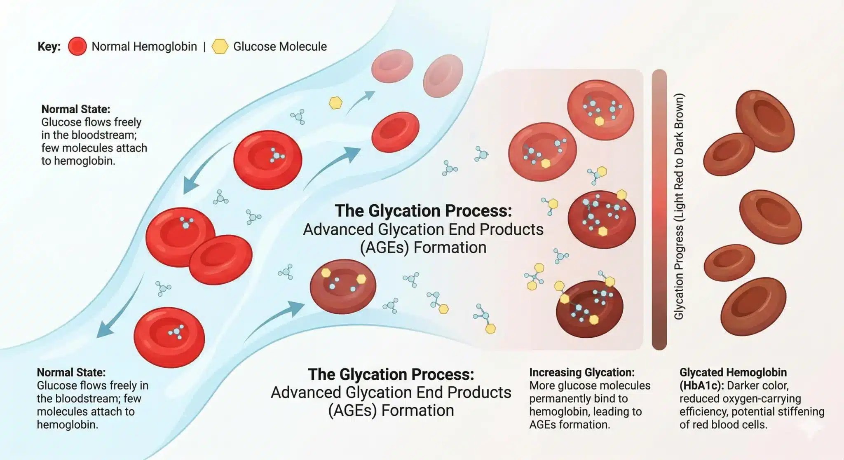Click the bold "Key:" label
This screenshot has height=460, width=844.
[x=49, y=47]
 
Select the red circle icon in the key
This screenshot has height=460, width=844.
[x=77, y=47]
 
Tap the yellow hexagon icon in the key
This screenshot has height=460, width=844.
[x=220, y=47]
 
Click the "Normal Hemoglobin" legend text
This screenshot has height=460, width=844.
[x=144, y=47]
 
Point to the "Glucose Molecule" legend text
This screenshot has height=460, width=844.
[x=280, y=47]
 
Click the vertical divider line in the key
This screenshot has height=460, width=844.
[x=204, y=47]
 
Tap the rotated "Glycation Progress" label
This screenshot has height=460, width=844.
[x=679, y=206]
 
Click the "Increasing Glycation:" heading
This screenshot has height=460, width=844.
[x=581, y=372]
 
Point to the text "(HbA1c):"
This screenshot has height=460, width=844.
[x=702, y=385]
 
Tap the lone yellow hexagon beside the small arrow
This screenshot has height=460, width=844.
[x=335, y=103]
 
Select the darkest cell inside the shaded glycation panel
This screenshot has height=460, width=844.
[x=589, y=309]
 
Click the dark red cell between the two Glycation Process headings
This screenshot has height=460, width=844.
[x=343, y=286]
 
